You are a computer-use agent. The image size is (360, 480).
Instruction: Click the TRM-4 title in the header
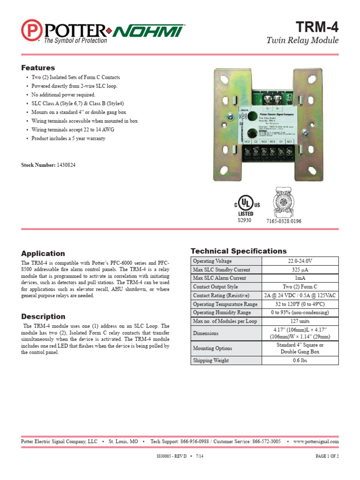[317, 27]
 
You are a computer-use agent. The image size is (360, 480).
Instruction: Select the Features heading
[38, 67]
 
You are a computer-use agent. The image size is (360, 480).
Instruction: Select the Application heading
[43, 253]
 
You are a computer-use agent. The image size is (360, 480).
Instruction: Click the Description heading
[43, 316]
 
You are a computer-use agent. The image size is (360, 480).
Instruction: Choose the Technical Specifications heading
[238, 251]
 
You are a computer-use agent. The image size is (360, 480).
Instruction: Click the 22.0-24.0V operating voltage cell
[300, 261]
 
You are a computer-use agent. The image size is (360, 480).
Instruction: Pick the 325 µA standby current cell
[300, 270]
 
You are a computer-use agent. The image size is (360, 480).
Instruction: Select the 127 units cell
[300, 321]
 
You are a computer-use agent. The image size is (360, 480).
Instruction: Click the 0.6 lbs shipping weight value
[300, 360]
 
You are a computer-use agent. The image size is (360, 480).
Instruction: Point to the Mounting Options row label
[212, 348]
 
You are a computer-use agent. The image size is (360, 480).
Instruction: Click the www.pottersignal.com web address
[316, 442]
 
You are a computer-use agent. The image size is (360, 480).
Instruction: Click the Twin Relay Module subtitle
[302, 40]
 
